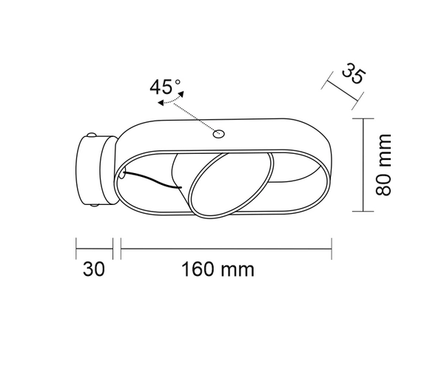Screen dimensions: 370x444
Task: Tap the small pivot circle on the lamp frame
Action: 218,134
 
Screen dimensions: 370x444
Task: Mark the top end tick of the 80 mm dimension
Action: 364,118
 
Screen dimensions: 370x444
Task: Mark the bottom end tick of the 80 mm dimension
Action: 364,210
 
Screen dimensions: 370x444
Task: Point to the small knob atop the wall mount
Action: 91,135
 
